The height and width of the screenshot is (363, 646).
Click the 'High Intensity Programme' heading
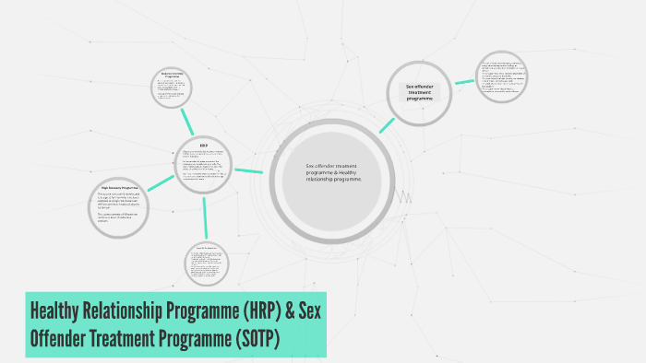click(x=119, y=188)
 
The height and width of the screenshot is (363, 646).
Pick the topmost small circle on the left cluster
click(x=170, y=88)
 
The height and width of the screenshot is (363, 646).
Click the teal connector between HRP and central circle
click(x=249, y=170)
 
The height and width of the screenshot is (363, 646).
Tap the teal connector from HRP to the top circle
click(x=187, y=121)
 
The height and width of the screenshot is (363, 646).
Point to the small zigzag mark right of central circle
click(x=403, y=196)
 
